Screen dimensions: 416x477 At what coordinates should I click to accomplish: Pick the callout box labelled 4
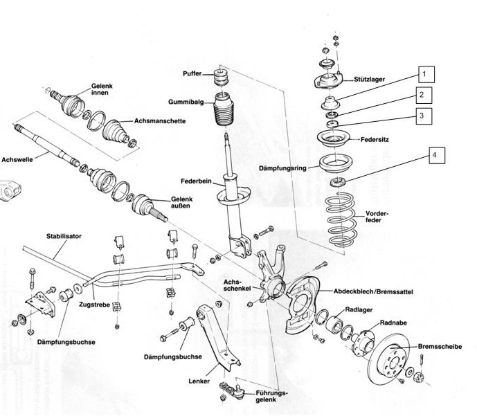[434, 156]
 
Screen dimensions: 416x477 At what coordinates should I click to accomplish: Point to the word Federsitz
[376, 140]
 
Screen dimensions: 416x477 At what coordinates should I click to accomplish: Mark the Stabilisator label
[64, 236]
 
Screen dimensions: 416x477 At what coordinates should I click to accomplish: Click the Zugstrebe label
[93, 303]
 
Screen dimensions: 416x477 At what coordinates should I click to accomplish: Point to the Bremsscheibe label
[440, 345]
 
